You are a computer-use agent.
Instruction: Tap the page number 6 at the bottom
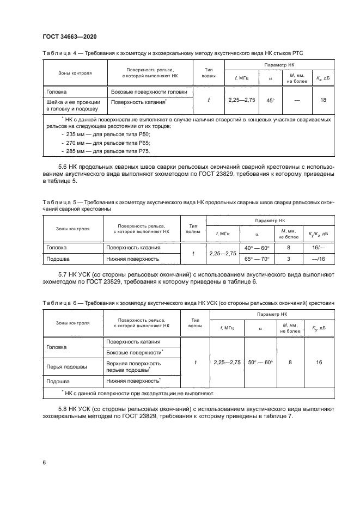[44, 462]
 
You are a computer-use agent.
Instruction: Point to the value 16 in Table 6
[319, 362]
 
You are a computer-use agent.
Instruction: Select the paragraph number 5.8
[62, 408]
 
